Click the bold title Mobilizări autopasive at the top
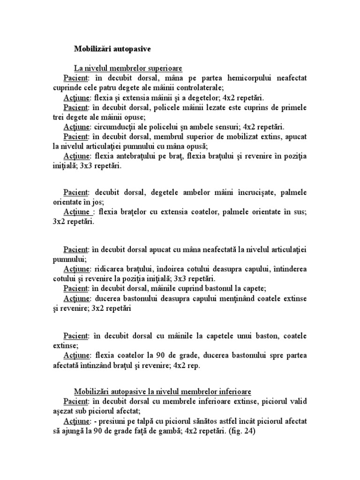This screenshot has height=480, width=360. (112, 48)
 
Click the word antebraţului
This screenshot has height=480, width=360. (131, 156)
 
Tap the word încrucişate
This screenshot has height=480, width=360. (254, 192)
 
